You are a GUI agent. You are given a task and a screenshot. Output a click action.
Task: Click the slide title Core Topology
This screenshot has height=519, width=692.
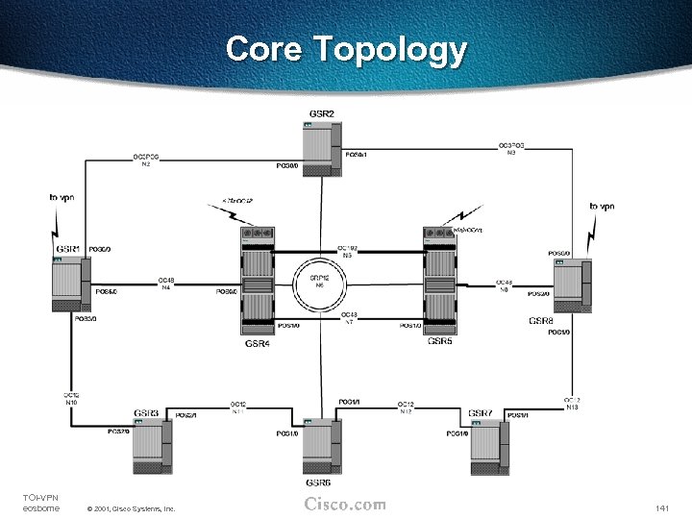[346, 49]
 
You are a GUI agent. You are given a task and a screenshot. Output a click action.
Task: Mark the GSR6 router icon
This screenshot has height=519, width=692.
[318, 447]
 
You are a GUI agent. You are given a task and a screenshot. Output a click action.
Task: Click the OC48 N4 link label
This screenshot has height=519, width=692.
[166, 284]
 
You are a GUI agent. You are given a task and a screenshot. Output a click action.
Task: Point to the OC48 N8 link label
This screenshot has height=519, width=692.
[504, 286]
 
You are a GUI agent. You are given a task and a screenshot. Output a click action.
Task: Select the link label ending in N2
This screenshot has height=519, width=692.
[146, 161]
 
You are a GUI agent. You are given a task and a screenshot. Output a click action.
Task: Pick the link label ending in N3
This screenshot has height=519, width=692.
[511, 148]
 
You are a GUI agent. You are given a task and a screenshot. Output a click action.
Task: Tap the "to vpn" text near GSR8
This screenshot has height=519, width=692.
[602, 206]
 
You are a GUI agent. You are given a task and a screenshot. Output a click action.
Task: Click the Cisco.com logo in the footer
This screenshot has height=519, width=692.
[345, 505]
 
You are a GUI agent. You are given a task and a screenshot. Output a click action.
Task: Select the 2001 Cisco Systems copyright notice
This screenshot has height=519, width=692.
[131, 508]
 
